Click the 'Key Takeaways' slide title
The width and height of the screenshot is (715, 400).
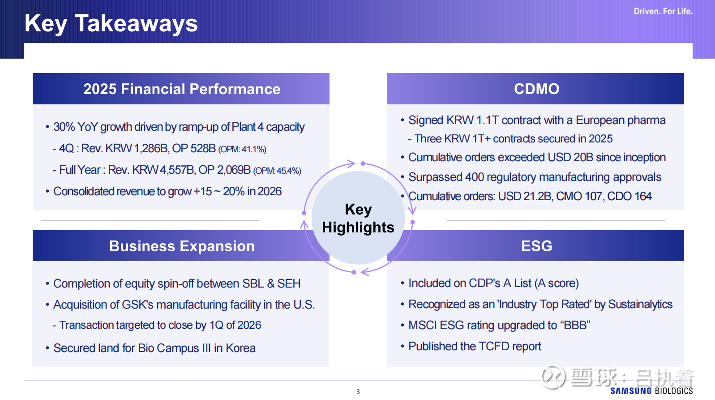(111, 24)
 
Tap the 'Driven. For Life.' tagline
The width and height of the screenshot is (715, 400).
(663, 12)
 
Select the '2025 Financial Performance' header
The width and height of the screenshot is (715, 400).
(182, 89)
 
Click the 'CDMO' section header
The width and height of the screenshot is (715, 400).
(536, 89)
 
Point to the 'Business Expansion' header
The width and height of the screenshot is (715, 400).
(182, 246)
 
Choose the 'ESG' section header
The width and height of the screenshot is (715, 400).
(536, 246)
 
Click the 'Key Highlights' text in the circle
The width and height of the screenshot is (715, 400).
(358, 218)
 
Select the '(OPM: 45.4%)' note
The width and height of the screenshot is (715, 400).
(277, 171)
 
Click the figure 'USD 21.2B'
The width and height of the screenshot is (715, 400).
(525, 196)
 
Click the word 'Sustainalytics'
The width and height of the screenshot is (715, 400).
(640, 304)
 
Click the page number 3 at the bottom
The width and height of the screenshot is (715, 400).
(358, 391)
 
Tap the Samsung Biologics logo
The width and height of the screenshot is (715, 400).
(651, 391)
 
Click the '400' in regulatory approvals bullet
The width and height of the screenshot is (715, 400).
(474, 177)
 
